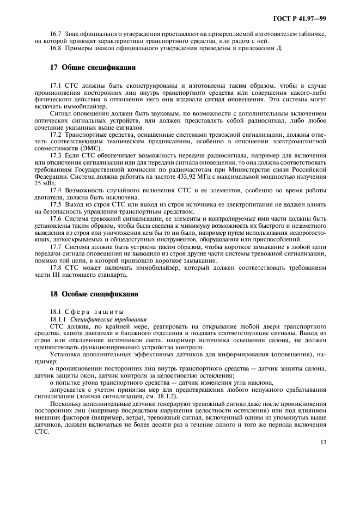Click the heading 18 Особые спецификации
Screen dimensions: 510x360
coord(94,294)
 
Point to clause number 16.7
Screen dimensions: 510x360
coord(57,34)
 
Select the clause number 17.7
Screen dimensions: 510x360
coord(57,247)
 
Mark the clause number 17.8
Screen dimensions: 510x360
coord(57,268)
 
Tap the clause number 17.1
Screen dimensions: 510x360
coord(57,86)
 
